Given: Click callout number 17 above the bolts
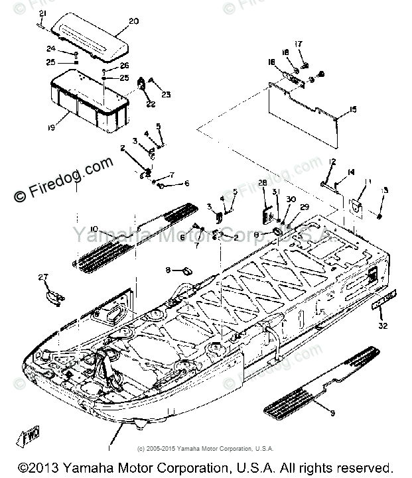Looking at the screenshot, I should pos(299,44).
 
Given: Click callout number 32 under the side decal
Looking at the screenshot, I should pos(382,326).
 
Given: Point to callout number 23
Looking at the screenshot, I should pos(165,95).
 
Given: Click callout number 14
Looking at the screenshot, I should pos(351,172).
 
